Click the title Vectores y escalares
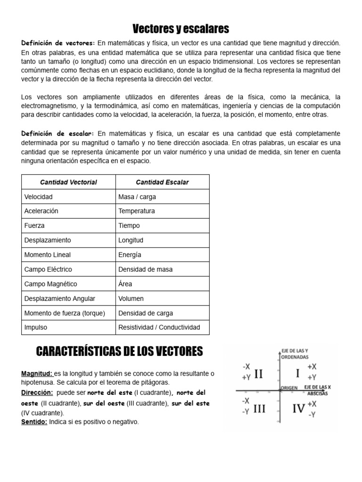181,29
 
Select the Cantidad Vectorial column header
68,182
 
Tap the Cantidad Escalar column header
162,182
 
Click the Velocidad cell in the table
39,197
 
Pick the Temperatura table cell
137,211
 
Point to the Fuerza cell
34,225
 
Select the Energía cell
130,255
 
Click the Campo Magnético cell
50,284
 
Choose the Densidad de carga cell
146,313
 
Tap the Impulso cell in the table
36,327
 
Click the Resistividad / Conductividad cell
159,327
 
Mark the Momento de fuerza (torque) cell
65,313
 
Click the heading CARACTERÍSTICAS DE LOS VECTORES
119,351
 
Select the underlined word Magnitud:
37,373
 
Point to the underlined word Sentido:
34,422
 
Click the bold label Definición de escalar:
58,134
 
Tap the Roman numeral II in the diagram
258,374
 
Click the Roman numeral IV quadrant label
298,409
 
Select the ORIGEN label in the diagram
289,387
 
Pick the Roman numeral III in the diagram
259,409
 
